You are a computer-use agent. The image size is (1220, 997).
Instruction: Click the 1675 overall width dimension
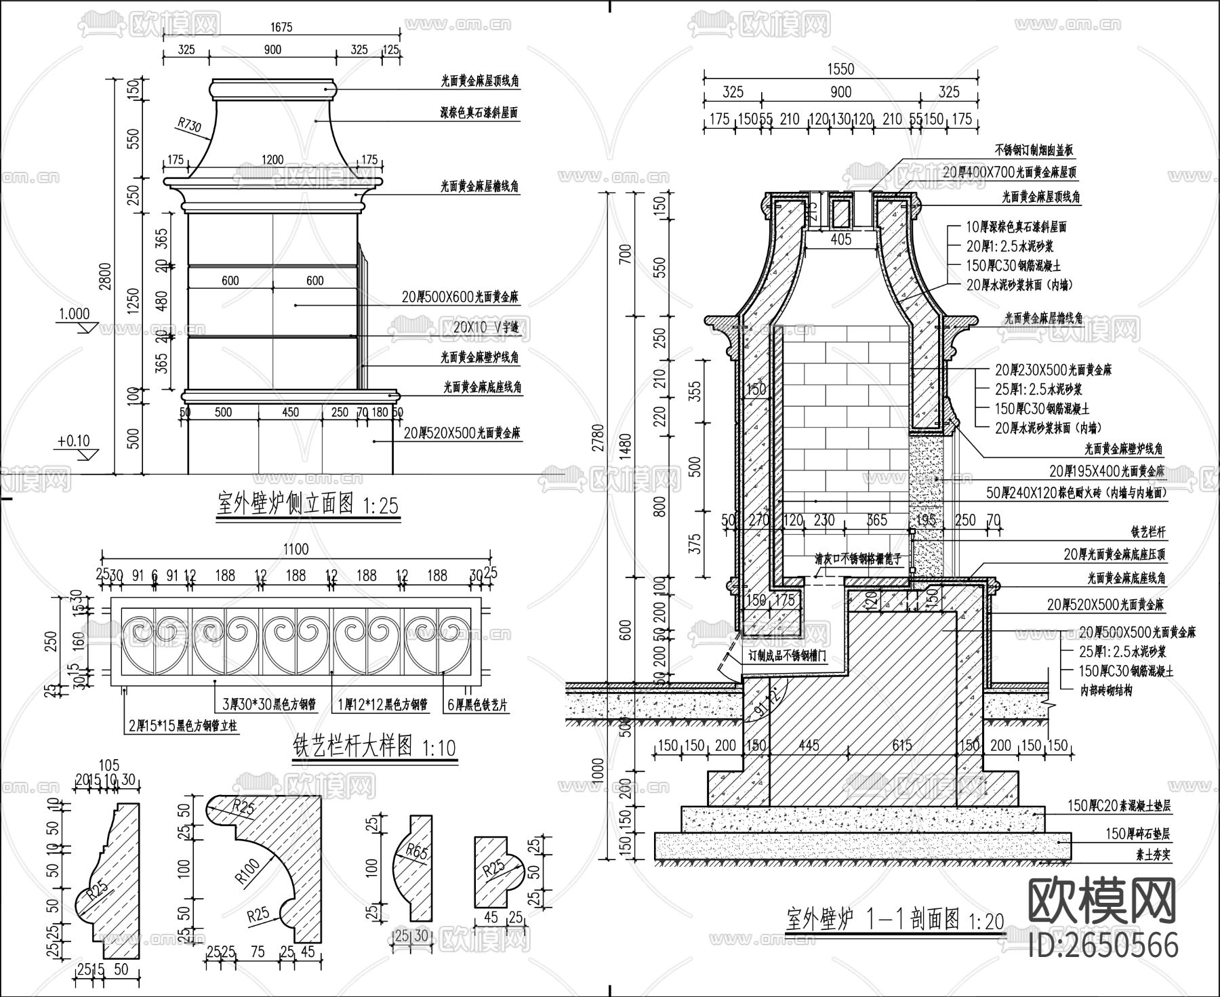pos(281,27)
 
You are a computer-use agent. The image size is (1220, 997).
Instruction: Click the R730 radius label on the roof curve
pos(190,125)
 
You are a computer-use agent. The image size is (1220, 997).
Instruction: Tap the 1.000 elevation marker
pos(75,314)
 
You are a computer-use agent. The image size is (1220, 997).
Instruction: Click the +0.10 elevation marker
pos(74,441)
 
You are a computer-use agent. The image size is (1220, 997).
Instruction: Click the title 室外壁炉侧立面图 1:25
pos(308,505)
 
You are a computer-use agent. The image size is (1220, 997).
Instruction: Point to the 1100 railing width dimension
pos(296,549)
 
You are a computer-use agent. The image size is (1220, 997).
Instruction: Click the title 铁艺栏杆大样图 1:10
pos(373,747)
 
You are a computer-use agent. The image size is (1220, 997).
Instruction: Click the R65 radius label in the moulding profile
pos(416,852)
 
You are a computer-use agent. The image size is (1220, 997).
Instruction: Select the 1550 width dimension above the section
pos(840,69)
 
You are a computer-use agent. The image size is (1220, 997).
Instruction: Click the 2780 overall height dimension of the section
pos(598,443)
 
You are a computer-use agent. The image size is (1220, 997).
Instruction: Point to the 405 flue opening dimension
pos(841,239)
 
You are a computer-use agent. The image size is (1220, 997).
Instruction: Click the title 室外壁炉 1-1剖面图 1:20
pos(895,920)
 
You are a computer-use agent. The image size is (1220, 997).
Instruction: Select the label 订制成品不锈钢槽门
pos(788,656)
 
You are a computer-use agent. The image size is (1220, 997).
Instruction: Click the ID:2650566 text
pos(1103,945)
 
